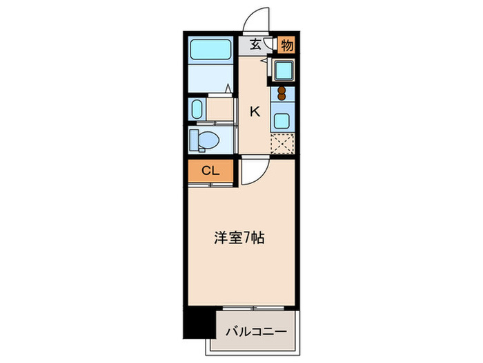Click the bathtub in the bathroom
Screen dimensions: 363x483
[212, 50]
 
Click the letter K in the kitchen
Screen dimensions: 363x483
[255, 111]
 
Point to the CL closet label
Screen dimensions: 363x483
[210, 171]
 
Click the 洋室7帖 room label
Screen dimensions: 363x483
[237, 239]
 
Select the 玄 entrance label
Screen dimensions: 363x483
[255, 45]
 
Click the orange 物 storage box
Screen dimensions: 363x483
[287, 45]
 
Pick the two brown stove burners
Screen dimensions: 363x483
[281, 93]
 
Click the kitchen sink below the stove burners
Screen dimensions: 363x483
[283, 118]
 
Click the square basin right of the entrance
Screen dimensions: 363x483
[284, 70]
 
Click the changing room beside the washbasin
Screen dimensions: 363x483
[221, 110]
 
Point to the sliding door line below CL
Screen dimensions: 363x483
[210, 185]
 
